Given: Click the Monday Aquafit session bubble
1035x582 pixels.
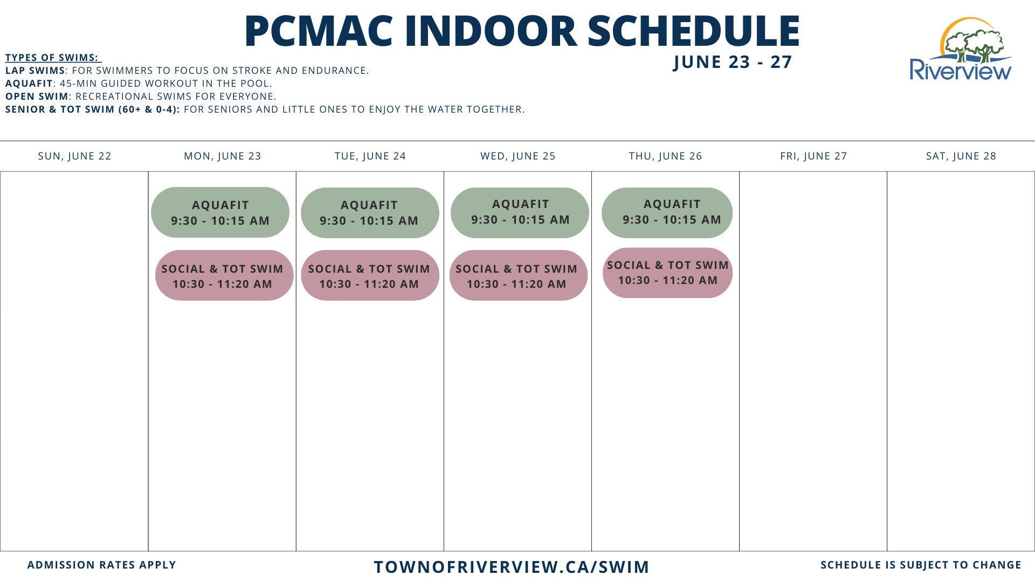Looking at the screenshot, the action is click(220, 212).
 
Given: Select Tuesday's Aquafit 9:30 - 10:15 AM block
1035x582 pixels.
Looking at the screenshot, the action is click(370, 213).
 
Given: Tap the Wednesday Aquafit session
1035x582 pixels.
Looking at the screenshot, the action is click(520, 213).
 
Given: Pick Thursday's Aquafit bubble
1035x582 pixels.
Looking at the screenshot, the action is click(667, 213).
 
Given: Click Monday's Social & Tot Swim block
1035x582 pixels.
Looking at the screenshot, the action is click(224, 275).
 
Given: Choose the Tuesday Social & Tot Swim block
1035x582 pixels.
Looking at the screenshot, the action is click(370, 275).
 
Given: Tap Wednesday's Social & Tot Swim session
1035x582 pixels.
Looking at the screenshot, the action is click(518, 275).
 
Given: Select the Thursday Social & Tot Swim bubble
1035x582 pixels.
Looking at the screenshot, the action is click(667, 273).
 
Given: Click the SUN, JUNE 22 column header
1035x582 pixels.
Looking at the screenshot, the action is click(74, 156).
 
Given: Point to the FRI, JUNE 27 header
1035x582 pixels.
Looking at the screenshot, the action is click(813, 156).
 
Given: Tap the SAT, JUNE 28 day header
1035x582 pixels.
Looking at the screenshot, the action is click(961, 156).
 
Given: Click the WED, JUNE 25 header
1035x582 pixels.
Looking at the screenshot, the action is click(518, 156).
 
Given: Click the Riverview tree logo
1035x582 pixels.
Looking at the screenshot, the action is click(961, 49).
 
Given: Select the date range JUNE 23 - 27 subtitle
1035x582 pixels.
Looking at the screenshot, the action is click(733, 62).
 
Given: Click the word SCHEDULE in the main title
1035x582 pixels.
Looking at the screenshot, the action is click(693, 31).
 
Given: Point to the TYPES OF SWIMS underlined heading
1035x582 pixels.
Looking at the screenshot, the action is click(53, 58).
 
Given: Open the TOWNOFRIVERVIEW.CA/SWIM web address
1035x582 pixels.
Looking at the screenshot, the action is click(512, 567).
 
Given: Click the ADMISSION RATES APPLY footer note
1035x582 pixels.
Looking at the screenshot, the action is click(102, 565).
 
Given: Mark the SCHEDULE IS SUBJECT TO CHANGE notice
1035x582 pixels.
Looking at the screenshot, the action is click(921, 565).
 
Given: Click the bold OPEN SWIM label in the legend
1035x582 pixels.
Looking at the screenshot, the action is click(37, 96).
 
